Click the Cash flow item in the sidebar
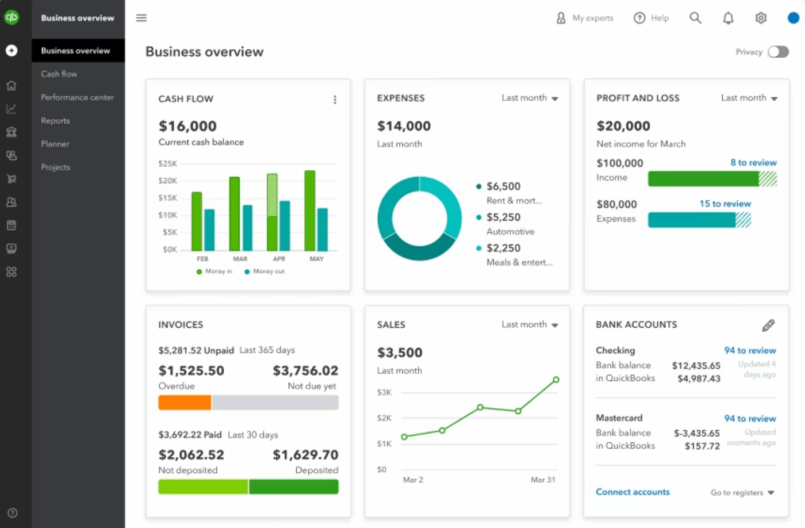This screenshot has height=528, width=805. (59, 74)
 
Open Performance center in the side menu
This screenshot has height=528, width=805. (77, 97)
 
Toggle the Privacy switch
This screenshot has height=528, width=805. (779, 52)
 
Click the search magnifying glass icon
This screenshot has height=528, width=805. (695, 18)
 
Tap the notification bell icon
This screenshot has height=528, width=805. (728, 18)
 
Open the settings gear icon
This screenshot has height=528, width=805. (761, 18)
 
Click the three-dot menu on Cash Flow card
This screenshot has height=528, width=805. (335, 100)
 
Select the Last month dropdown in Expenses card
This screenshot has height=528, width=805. (529, 98)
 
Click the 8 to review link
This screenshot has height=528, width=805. (753, 163)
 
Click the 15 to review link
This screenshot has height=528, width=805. (725, 204)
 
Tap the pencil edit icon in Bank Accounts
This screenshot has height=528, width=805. (768, 326)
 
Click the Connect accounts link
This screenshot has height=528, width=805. (632, 492)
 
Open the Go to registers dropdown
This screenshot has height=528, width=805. (742, 493)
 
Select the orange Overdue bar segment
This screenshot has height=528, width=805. (185, 403)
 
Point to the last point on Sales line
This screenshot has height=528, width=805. (556, 380)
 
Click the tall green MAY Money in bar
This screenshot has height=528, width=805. (309, 210)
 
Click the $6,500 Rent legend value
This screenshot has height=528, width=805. (503, 186)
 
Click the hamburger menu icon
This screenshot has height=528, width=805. (141, 18)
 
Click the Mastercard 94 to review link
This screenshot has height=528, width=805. (750, 419)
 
